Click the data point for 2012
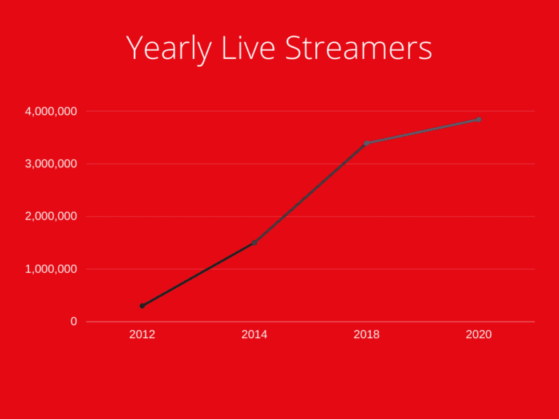pos(142,306)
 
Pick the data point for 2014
pos(254,243)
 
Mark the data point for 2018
pos(366,143)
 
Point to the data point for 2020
pos(478,119)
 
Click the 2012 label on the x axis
pos(142,335)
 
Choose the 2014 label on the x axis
pos(254,335)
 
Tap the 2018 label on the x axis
pos(366,335)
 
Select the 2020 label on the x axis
pos(478,335)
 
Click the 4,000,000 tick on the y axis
pos(51,111)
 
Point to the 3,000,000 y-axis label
pos(51,164)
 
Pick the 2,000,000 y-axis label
pos(51,217)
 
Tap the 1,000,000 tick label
pos(51,269)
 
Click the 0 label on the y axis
pos(74,322)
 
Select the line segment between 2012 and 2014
pos(198,274)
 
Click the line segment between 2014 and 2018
pos(310,193)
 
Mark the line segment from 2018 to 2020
pos(422,132)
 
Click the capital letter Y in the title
pos(135,48)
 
